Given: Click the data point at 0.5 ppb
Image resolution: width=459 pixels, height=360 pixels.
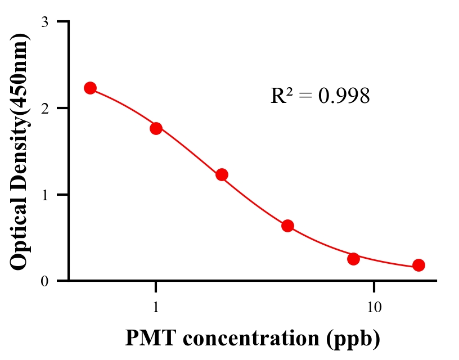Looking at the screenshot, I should [x=90, y=88].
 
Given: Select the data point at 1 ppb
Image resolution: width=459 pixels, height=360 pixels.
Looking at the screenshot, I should [x=156, y=128].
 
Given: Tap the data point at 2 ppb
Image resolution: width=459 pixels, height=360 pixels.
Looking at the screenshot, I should [x=222, y=174].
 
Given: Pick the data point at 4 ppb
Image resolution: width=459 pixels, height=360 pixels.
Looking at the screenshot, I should [x=287, y=226].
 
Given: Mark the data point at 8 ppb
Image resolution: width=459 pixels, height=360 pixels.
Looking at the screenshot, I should [x=353, y=259].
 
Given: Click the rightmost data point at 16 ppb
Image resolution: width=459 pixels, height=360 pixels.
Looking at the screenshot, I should [x=418, y=265].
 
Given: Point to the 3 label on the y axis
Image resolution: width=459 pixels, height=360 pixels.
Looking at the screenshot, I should [x=44, y=22].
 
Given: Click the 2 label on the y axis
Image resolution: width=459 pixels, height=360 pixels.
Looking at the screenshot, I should [x=44, y=109].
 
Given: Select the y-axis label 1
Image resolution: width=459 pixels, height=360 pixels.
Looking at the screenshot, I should [x=44, y=195].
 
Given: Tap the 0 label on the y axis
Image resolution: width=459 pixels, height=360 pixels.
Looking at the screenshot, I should [x=44, y=281].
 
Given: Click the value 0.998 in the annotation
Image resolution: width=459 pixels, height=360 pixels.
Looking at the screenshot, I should [x=344, y=96].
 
